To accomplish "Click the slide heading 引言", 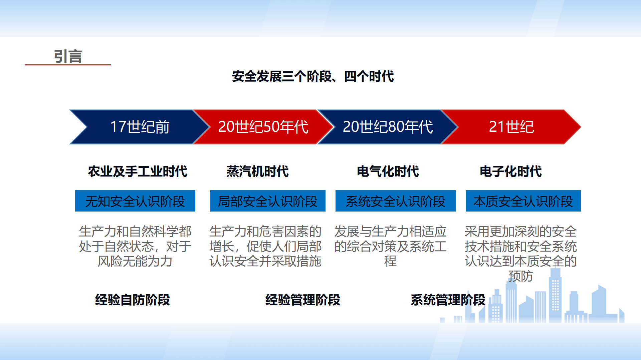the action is coord(68,56).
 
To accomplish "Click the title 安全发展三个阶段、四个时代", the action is coord(313,76).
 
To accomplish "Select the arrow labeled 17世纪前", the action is coord(140,127).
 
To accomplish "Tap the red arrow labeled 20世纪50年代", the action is coord(263,127).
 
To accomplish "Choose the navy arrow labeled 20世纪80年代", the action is coord(388,127).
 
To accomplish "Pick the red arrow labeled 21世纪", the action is coord(511,127).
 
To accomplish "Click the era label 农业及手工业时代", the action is coord(138,171).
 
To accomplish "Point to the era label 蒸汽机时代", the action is coord(257,171).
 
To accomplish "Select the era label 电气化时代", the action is coord(388,171).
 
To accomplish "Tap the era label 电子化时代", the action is coord(511,171).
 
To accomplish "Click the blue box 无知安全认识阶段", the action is coord(135,201).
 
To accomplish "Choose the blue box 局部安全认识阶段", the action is coord(268,201).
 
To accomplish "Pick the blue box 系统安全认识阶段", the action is coord(396,201).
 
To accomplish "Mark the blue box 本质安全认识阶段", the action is coord(523,201).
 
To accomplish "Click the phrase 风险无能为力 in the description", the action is coord(135,261).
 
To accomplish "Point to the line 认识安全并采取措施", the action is coord(265,261).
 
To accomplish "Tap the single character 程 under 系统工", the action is coord(390,261).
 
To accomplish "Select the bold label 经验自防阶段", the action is coord(133,300).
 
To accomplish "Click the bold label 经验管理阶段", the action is coord(303,300).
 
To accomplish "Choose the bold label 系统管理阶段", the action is coord(448,300).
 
